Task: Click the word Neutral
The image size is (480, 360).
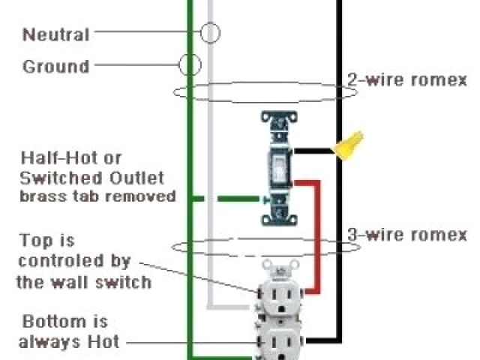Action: pos(55,34)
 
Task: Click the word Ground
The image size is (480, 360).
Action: pos(56,67)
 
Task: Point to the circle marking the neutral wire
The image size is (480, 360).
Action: pos(211,32)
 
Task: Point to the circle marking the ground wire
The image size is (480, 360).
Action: pos(190,64)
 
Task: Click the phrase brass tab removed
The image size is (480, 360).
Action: pos(97,196)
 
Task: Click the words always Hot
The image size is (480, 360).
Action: pos(70,343)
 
